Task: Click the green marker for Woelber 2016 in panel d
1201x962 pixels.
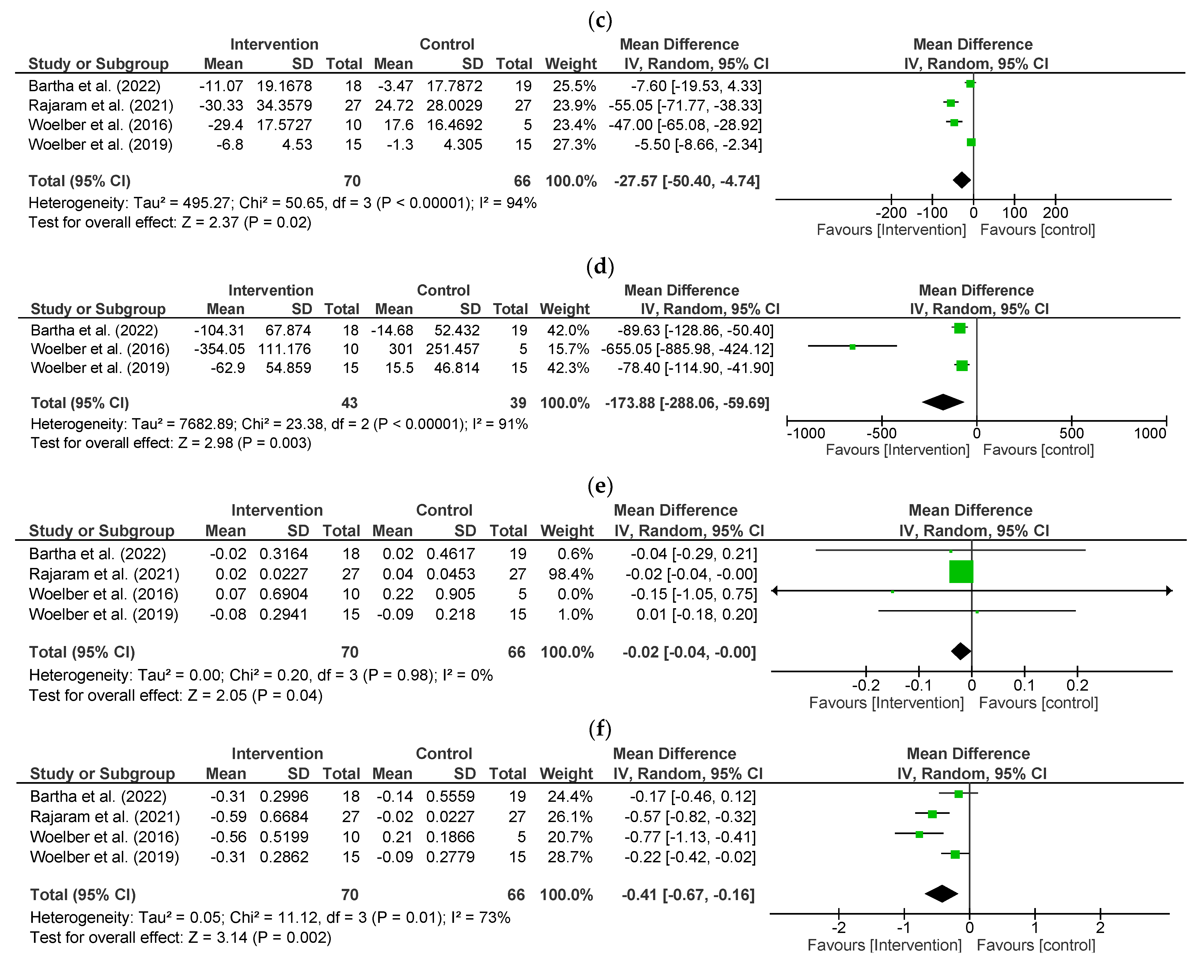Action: point(852,347)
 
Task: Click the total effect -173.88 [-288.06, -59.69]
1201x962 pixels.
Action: point(687,403)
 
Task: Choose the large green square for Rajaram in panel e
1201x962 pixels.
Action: point(961,572)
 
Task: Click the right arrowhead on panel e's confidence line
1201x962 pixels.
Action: point(1169,591)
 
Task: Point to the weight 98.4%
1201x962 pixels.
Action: point(570,574)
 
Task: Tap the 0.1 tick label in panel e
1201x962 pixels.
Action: point(1024,685)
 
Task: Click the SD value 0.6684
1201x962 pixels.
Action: point(284,817)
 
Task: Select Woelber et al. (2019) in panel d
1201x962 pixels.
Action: point(100,368)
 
